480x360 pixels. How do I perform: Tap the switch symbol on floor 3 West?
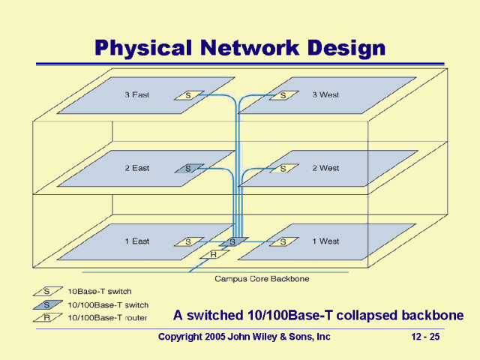coord(283,95)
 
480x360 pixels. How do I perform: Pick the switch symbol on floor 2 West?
coord(283,169)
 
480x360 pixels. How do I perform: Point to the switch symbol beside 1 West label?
coord(283,241)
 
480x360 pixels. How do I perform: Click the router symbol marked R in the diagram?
coord(214,255)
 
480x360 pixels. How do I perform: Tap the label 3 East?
coord(136,95)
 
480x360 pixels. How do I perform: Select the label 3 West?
coord(325,95)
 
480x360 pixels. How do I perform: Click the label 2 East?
coord(136,169)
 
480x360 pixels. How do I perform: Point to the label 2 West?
coord(325,169)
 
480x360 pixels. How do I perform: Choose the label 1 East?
coord(136,241)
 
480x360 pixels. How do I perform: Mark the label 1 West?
coord(325,241)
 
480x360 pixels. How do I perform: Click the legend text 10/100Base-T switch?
coord(108,305)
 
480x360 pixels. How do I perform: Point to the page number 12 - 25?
coord(424,337)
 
